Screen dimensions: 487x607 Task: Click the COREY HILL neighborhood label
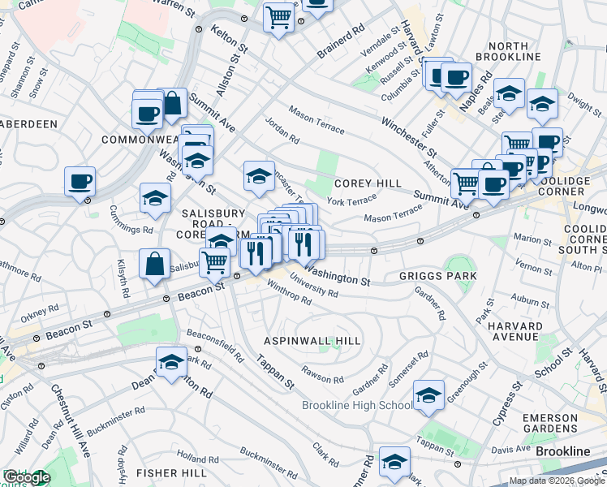point(368,184)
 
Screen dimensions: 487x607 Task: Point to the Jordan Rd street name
point(282,131)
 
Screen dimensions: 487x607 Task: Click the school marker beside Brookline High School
point(428,395)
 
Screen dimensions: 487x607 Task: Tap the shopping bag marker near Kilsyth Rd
point(154,264)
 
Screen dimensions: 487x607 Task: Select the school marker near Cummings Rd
point(154,198)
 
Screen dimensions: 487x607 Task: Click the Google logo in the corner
point(26,478)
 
